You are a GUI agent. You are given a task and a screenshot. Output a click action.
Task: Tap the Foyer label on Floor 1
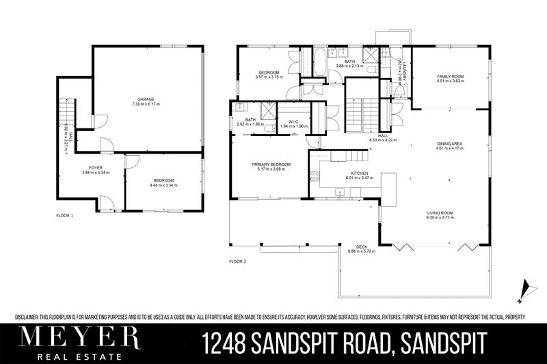tap(96, 167)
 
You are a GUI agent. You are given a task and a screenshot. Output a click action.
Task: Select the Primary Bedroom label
tap(271, 165)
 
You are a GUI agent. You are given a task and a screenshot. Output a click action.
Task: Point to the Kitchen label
tap(360, 173)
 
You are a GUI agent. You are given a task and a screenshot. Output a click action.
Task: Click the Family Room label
tap(451, 76)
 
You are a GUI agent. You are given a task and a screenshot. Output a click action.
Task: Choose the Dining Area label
tap(451, 143)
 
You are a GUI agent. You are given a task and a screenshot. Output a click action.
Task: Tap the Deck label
tap(362, 247)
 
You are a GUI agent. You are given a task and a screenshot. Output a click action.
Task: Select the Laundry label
tap(405, 66)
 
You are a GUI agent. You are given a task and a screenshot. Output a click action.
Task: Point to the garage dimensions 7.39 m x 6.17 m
tap(144, 104)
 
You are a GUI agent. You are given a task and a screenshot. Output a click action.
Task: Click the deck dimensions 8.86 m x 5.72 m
tap(362, 251)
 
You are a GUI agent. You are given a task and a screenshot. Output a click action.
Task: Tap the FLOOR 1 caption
tap(64, 215)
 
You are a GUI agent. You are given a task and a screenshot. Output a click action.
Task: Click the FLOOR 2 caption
tap(237, 261)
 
